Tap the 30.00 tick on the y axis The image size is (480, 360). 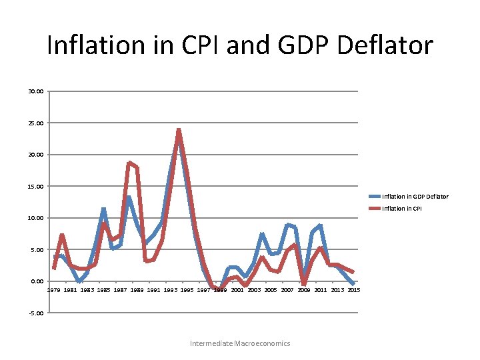point(37,91)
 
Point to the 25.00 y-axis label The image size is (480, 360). point(37,123)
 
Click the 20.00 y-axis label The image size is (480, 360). point(37,155)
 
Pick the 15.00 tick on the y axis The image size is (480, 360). point(37,187)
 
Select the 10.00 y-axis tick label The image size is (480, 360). point(37,218)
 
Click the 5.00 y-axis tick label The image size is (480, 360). point(38,250)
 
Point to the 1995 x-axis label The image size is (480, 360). point(187,290)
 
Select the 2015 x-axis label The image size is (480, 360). point(354,290)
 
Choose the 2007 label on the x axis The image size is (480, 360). point(287,290)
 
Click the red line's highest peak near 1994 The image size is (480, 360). point(179,131)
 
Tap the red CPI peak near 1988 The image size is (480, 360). point(129,163)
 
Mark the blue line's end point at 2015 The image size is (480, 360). point(353,284)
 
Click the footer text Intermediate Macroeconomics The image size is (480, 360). point(240,343)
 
